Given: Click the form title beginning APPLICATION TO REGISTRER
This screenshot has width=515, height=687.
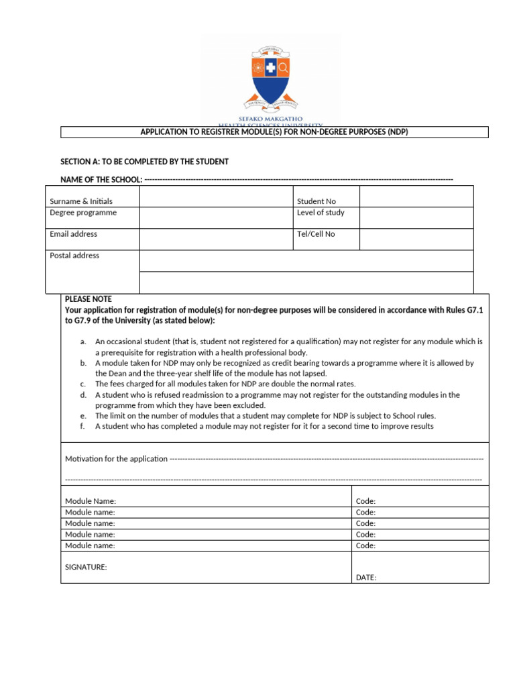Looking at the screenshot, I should (274, 132).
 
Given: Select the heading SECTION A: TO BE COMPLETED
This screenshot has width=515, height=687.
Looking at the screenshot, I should (144, 162).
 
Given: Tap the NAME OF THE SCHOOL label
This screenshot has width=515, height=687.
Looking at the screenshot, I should (101, 179).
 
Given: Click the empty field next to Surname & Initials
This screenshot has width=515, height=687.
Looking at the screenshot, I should (216, 198).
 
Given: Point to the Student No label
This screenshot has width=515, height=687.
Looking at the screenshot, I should (316, 201).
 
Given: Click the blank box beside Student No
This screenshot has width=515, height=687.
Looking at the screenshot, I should (416, 197).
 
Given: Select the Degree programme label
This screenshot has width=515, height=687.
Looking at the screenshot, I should (83, 213).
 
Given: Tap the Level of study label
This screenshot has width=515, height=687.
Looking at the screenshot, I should (321, 213).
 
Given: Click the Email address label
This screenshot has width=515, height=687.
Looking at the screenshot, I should (73, 234).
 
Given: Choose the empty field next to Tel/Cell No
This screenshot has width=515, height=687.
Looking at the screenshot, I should (416, 239).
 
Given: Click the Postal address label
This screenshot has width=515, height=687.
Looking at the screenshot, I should (74, 256).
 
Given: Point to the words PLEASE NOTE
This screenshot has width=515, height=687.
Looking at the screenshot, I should (89, 299).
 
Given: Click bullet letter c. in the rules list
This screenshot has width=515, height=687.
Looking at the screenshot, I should (83, 384).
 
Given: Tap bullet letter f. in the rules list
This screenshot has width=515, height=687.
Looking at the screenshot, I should (83, 426).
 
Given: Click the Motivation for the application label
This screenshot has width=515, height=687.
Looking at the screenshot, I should (116, 459).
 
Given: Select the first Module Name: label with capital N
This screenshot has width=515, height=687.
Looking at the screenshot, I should (91, 501).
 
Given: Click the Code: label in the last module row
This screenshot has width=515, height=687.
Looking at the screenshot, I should (365, 546).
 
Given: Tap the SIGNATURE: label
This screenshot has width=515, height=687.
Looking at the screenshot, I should (86, 567).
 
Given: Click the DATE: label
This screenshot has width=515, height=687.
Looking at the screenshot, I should (366, 578).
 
